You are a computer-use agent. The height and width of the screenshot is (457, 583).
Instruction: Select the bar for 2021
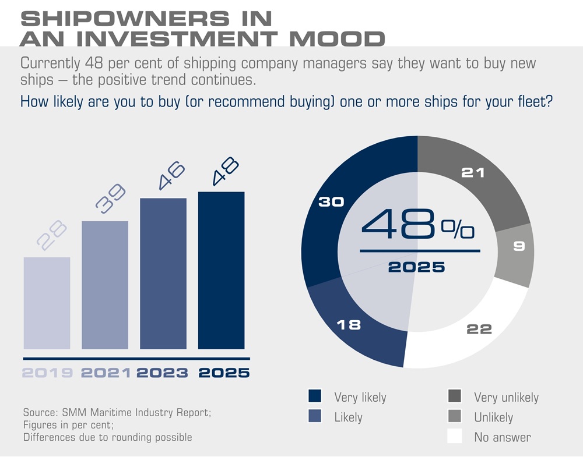(x=105, y=285)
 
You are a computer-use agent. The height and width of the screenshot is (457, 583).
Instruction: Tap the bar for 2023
(x=163, y=274)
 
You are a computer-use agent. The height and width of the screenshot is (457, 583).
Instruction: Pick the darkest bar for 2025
(x=221, y=271)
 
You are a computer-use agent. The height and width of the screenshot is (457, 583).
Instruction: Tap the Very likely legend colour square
(x=315, y=396)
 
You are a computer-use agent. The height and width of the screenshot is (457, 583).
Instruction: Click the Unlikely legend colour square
(x=455, y=417)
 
